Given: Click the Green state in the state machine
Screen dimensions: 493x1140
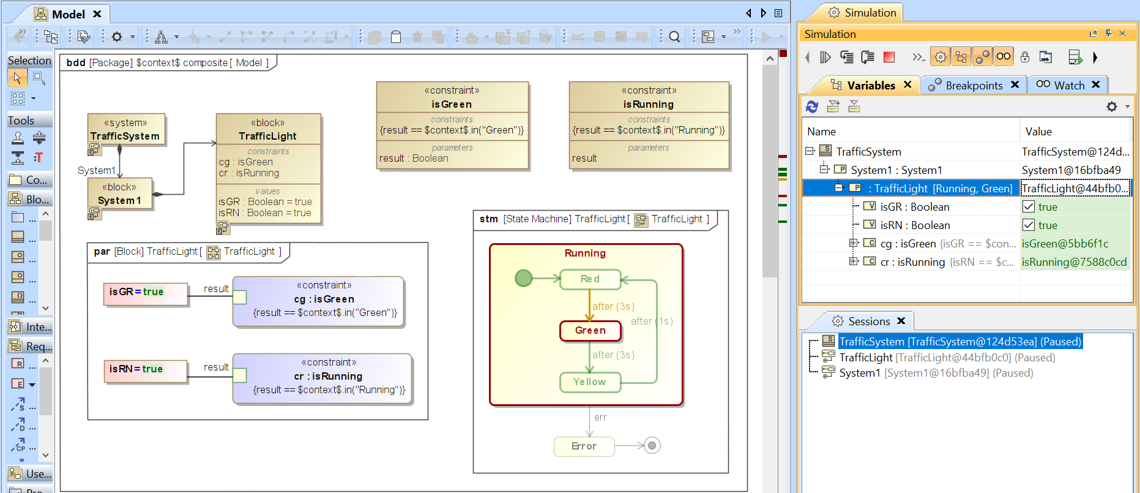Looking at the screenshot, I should (x=590, y=331).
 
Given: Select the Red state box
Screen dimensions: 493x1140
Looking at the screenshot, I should (x=590, y=279).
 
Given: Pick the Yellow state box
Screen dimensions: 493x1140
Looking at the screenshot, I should (x=590, y=382).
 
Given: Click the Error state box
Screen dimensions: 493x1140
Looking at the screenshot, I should (x=584, y=446).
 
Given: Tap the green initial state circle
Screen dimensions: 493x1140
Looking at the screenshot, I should (x=524, y=279).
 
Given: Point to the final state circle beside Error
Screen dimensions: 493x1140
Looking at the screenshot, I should (x=652, y=446).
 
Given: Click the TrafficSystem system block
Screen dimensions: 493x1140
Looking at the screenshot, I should (x=125, y=130).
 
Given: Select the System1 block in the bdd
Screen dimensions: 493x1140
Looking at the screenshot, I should (x=119, y=194).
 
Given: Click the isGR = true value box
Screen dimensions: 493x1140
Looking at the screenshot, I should (x=145, y=293).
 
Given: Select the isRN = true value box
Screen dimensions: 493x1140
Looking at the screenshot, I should (x=145, y=370).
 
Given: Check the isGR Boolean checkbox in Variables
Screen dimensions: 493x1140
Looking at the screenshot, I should (x=1029, y=207).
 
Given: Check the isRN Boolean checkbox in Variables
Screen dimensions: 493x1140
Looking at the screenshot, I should (x=1029, y=225).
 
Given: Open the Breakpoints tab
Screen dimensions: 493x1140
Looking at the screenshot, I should (x=973, y=86).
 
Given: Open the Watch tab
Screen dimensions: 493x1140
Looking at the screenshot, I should (x=1068, y=86).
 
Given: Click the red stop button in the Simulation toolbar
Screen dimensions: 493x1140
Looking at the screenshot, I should (x=889, y=58).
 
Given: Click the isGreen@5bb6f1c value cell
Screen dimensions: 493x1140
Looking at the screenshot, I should (x=1065, y=244).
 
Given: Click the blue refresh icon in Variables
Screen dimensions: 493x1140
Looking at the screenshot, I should (x=812, y=107).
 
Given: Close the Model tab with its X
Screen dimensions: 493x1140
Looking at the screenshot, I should (x=97, y=14).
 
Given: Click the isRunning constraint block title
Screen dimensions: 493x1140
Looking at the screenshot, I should (x=648, y=105).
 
